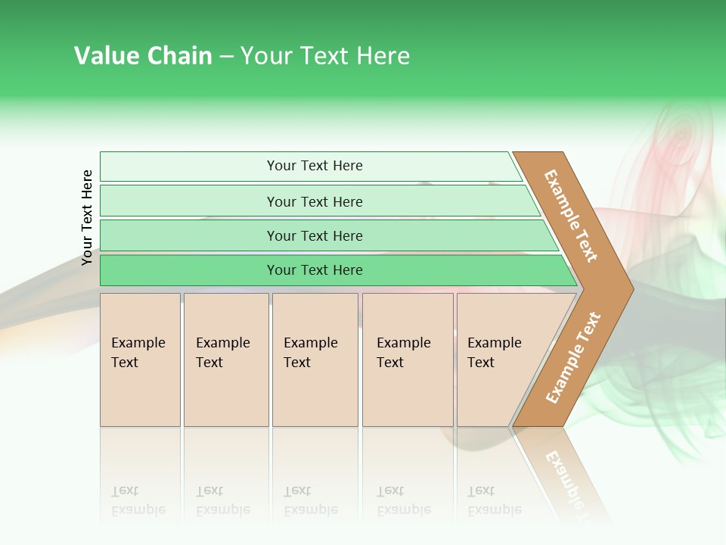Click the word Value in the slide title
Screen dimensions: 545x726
(101, 56)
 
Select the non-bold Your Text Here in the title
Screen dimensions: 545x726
(325, 56)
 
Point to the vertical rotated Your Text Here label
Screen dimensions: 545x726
(87, 217)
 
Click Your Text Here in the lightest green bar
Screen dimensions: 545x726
(315, 166)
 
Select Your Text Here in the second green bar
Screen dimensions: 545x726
(315, 202)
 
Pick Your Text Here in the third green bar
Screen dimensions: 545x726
(315, 236)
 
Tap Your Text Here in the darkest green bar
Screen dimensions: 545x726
(315, 270)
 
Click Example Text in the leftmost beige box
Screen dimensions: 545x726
(138, 353)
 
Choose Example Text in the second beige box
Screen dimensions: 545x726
(222, 353)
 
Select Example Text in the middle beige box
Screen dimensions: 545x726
(310, 353)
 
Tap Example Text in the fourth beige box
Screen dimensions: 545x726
(403, 353)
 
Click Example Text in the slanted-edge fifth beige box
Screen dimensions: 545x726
(494, 353)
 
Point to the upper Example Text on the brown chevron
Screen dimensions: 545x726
(571, 216)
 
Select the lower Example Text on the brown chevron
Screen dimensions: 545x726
(573, 358)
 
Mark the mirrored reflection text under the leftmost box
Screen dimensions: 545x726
(138, 500)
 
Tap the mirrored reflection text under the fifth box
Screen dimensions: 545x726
(494, 500)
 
